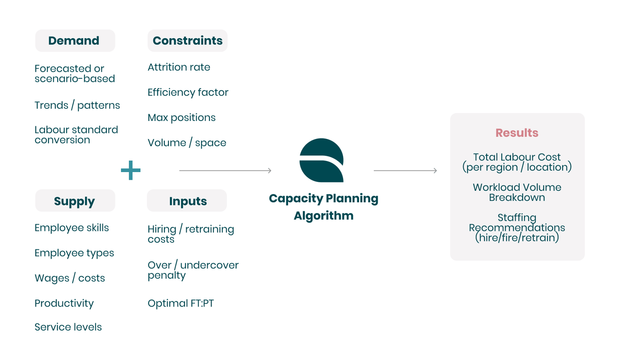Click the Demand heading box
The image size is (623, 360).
tap(75, 40)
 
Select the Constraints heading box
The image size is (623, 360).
tap(187, 40)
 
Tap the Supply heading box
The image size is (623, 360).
tap(75, 201)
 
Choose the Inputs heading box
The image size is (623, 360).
tap(187, 201)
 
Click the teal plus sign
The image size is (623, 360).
tap(131, 170)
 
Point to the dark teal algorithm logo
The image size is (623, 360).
tap(322, 160)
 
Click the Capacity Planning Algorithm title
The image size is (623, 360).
tap(323, 207)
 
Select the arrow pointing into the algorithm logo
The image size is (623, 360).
tap(225, 170)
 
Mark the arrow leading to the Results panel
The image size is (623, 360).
tap(405, 170)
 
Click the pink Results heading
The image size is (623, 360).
tap(517, 133)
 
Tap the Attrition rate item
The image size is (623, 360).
tap(179, 67)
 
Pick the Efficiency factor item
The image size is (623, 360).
tap(188, 92)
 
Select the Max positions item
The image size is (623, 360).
tap(181, 118)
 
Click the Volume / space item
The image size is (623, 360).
tap(187, 143)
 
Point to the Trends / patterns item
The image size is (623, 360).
tap(77, 105)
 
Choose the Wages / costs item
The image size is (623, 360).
tap(70, 278)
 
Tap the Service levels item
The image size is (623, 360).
tap(68, 327)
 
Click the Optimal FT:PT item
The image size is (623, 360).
tap(181, 304)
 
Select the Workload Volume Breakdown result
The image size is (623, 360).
tap(517, 192)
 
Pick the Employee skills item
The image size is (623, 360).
tap(71, 228)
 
